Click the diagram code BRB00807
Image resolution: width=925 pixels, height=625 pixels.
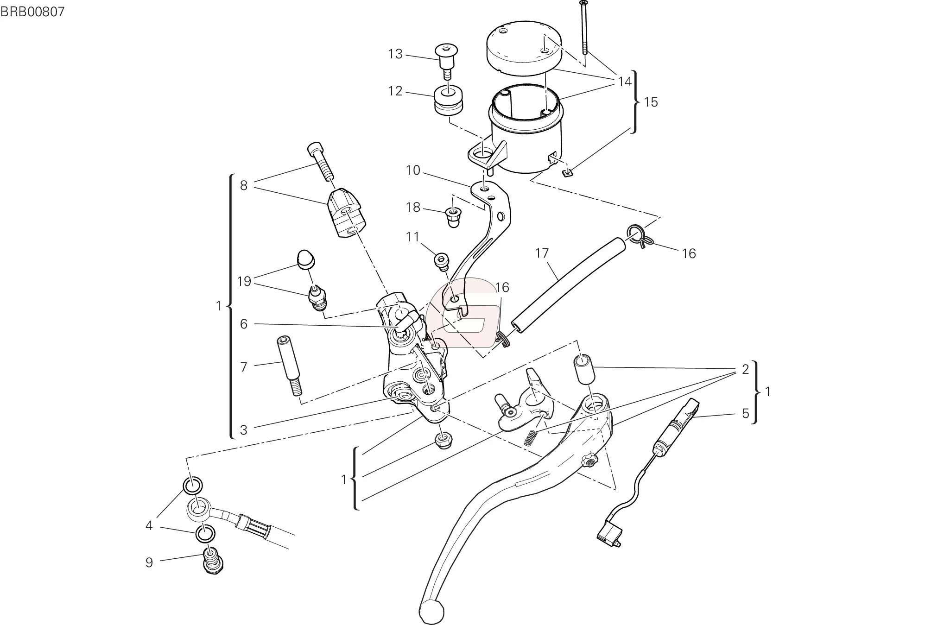point(32,12)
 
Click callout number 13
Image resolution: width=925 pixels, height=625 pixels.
point(395,54)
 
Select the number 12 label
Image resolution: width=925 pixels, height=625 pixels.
point(395,91)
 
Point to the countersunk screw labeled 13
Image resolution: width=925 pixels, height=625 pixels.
point(446,62)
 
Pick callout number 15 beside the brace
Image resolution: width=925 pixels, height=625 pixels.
point(651,102)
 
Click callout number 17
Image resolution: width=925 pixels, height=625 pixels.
point(542,253)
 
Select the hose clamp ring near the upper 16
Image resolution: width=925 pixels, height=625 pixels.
point(640,235)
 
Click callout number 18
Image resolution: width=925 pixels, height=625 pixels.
point(413,207)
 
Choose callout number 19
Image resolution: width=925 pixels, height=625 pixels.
point(244,281)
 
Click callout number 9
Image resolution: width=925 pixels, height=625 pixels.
point(149,562)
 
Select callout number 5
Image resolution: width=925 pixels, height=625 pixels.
point(745,413)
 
